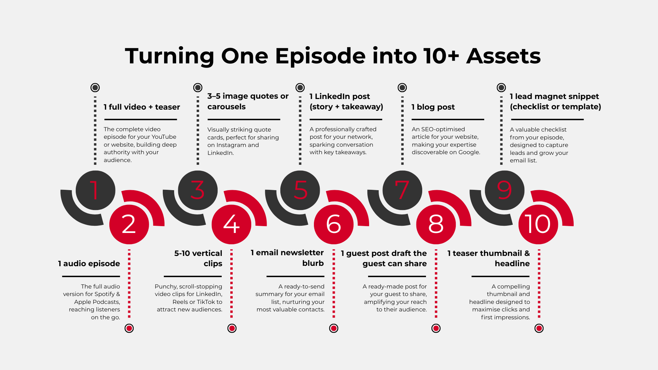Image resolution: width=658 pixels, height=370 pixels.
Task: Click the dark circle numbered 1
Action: (95, 190)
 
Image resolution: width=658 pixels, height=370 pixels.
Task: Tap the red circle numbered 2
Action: (129, 224)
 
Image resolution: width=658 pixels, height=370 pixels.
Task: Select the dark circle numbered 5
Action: (300, 190)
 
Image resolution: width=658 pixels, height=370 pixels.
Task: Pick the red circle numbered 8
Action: (436, 224)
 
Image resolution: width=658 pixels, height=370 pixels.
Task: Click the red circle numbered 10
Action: (538, 224)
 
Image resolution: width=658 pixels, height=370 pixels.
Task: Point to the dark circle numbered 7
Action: (402, 190)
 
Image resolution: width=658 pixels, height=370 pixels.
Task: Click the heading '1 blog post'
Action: (433, 107)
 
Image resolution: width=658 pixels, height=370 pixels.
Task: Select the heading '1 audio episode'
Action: (89, 263)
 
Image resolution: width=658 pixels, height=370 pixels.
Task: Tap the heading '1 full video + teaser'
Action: (142, 107)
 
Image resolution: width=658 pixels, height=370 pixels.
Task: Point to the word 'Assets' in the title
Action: (503, 56)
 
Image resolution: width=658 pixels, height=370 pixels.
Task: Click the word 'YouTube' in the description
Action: (164, 137)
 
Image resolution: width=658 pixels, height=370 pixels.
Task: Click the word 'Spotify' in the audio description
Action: (104, 294)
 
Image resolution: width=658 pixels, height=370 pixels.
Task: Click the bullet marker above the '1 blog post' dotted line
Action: (402, 88)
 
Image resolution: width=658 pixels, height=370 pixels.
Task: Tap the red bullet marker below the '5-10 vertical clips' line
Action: (232, 329)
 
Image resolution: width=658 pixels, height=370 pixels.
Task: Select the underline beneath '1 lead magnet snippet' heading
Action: (547, 120)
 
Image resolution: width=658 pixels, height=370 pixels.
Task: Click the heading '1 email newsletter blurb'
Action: (287, 258)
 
